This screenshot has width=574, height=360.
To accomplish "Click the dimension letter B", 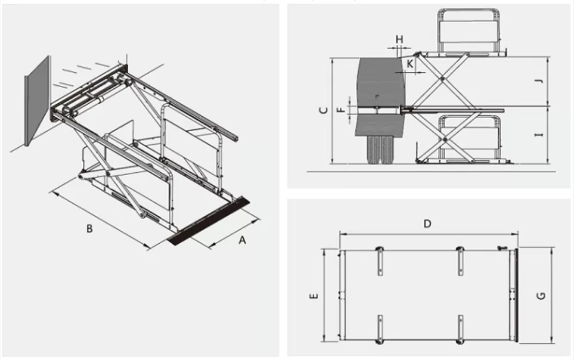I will point(89,228).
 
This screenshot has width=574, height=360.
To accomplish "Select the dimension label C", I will point(322,110).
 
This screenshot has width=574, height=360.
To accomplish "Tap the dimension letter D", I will point(427,224).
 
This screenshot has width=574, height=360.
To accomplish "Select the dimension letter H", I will point(399,39).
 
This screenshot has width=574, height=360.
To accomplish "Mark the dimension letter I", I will point(538,136).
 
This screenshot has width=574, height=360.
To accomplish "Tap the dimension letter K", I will point(410,62).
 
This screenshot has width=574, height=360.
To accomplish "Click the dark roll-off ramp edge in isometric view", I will point(209,221).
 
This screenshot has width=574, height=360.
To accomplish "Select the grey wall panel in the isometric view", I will point(37,101).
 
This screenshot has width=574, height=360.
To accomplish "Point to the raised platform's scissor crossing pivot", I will point(442,78).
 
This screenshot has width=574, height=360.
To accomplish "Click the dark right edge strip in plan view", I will point(516,295).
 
